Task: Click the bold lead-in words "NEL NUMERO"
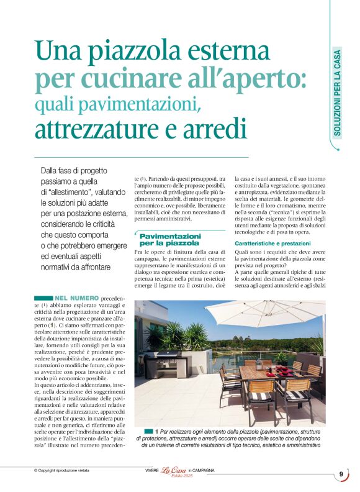click(76, 299)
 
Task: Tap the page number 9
click(341, 475)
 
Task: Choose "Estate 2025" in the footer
click(177, 477)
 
